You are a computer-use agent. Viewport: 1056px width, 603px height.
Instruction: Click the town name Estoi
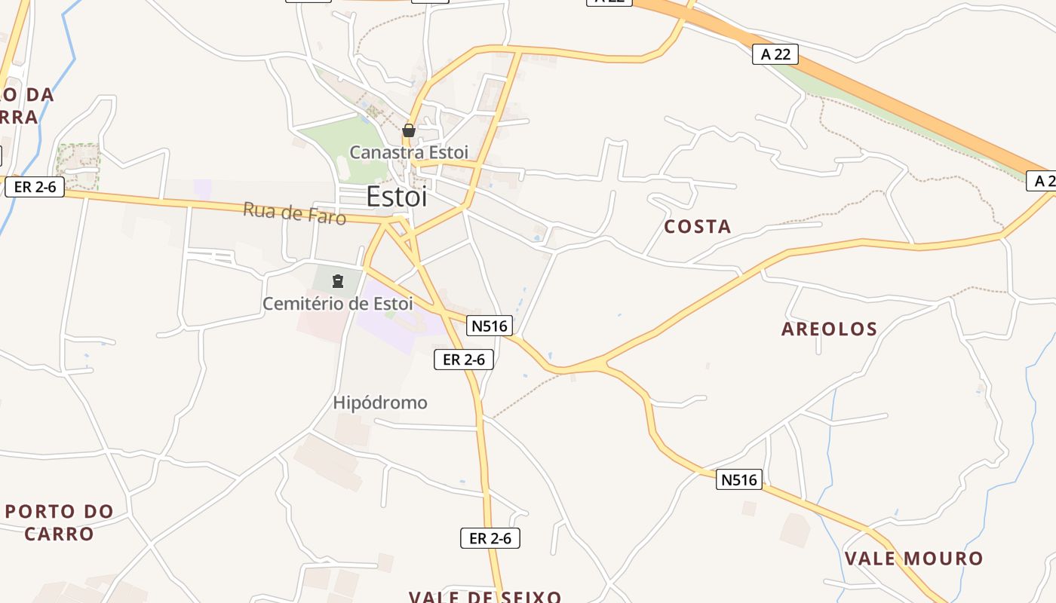pos(397,197)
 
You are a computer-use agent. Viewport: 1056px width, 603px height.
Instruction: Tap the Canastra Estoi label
pos(409,152)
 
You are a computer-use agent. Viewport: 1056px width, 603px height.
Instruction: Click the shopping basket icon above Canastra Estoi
pos(409,130)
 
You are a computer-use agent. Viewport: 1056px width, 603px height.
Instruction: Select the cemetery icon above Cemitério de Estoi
pos(337,282)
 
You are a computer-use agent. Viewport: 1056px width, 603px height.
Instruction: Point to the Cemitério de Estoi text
pos(337,304)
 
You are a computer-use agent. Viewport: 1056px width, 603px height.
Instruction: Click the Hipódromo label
pos(380,403)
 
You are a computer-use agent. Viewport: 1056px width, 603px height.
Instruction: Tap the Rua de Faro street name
pos(294,213)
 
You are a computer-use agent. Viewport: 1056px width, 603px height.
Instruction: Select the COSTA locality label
pos(698,226)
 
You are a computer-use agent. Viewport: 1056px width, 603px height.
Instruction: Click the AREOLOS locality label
pos(830,329)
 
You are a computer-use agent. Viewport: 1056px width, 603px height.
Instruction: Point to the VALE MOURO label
pos(913,559)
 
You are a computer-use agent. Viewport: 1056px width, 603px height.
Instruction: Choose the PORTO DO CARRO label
pos(59,522)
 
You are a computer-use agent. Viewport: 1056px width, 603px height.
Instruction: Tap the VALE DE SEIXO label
pos(485,597)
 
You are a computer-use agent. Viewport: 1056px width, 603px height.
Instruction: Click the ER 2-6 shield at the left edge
pos(35,187)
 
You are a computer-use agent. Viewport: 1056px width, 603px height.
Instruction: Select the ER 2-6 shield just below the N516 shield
pos(464,360)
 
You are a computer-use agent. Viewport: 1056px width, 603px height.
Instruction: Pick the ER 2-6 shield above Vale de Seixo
pos(490,538)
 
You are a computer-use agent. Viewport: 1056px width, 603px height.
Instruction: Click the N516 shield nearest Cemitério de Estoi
pos(490,326)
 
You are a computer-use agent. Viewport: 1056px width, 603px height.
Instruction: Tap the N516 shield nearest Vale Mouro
pos(738,479)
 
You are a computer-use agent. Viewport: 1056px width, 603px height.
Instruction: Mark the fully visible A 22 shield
pos(775,54)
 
